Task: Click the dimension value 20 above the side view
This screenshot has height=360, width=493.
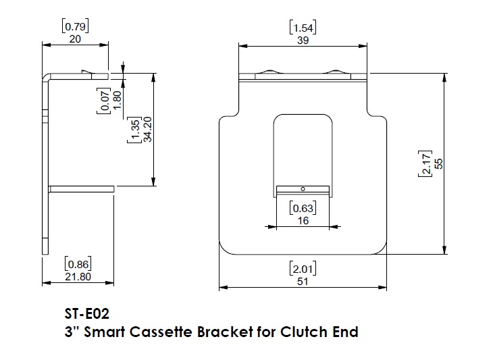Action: point(75,39)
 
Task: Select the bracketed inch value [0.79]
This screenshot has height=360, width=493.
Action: point(75,27)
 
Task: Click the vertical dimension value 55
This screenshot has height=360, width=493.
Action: point(438,163)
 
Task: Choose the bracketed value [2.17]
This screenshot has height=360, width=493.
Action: point(425,163)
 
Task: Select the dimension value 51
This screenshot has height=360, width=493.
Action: point(303,281)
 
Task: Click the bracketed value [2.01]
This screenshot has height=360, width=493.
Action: point(303,269)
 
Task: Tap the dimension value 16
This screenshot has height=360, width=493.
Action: point(303,220)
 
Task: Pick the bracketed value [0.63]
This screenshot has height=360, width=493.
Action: point(303,208)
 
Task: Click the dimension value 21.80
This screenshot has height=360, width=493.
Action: point(77,277)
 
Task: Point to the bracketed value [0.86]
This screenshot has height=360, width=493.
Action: point(77,264)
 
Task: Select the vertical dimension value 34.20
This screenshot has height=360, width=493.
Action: point(147,133)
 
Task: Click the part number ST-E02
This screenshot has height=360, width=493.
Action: point(86,314)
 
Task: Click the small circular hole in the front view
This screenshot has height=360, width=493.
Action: point(303,188)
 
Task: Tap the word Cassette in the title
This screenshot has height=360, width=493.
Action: point(159,332)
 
